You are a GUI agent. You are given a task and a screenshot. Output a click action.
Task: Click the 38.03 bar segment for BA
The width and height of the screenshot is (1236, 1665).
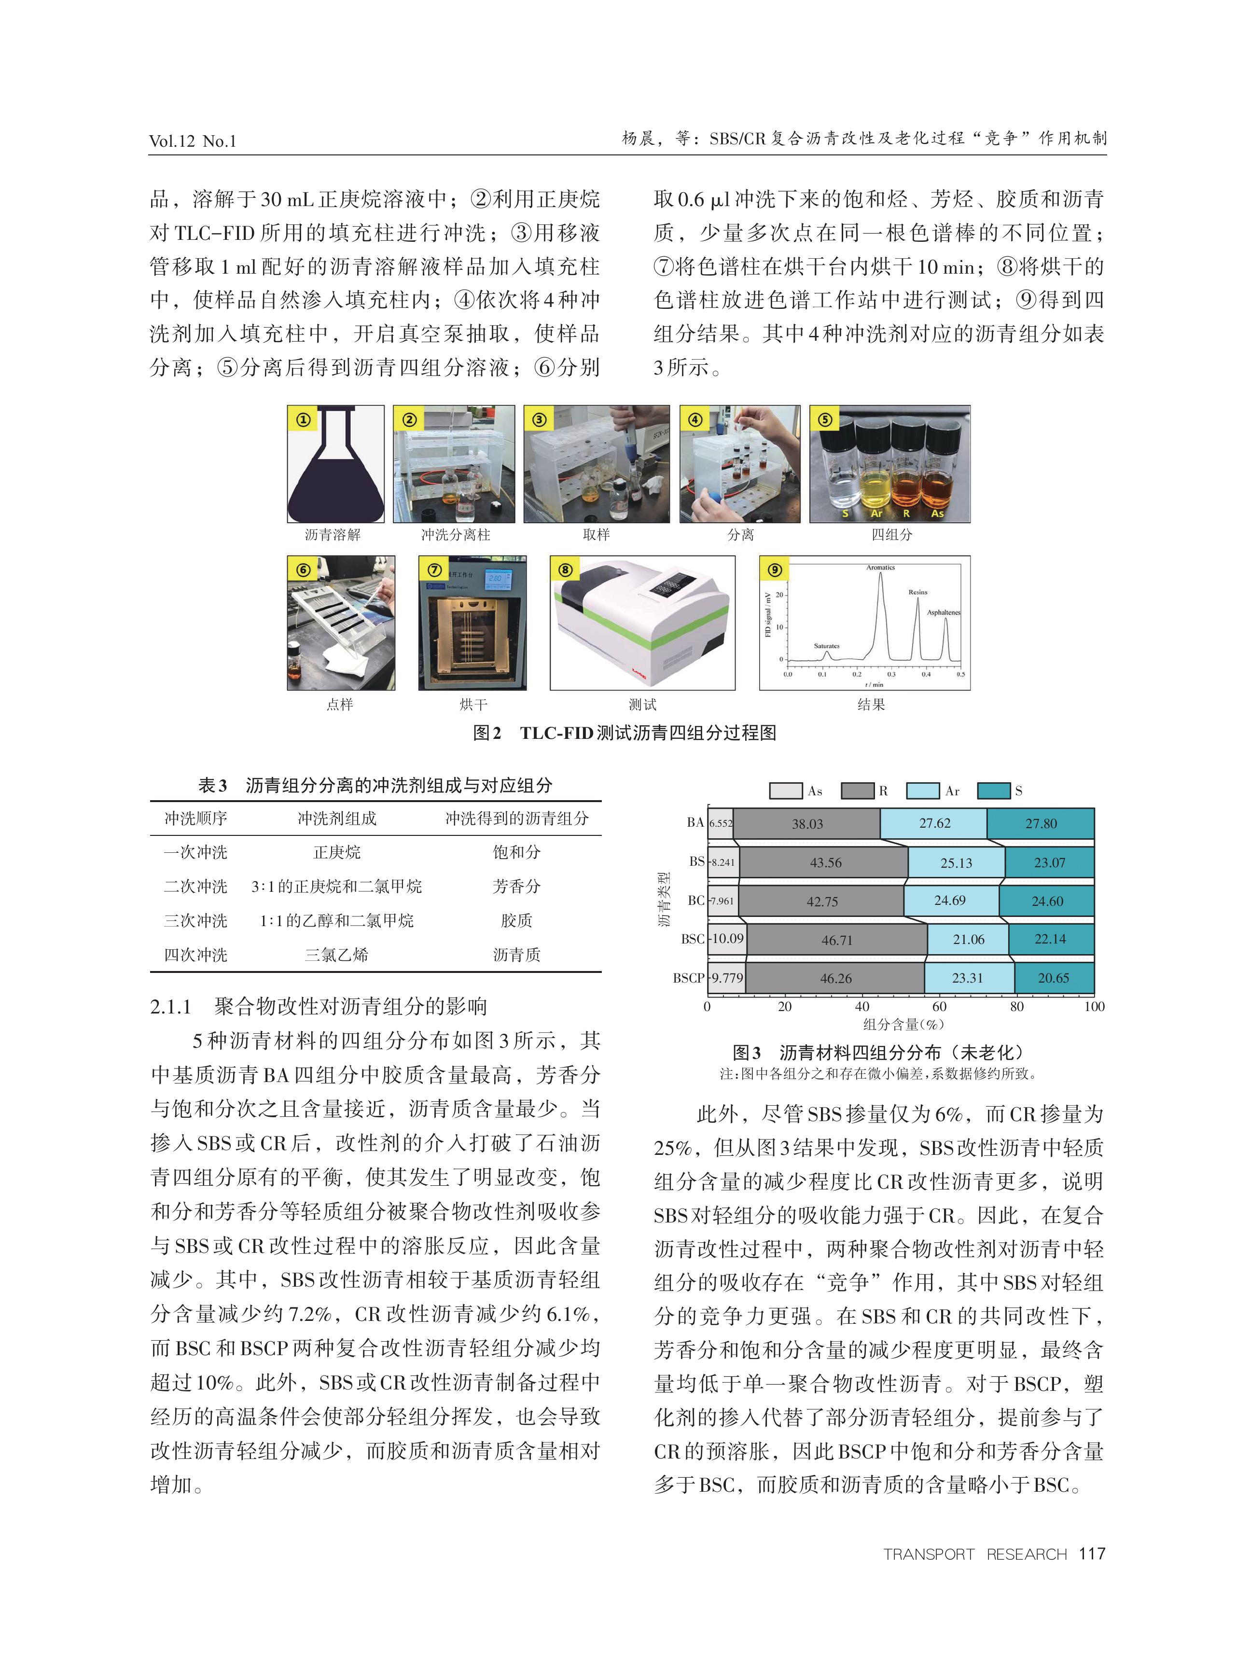pos(806,823)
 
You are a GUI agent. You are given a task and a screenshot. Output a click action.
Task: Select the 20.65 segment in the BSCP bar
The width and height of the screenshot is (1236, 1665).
pos(1054,978)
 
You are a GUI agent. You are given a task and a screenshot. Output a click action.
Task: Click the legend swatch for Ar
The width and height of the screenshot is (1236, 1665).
pos(922,791)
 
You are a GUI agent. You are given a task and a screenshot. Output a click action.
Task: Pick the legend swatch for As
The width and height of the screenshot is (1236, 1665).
pos(786,791)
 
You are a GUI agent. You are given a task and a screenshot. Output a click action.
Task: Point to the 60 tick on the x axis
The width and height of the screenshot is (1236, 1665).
pos(939,1007)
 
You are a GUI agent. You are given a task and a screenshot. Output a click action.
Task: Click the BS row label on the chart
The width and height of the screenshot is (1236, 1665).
pos(696,861)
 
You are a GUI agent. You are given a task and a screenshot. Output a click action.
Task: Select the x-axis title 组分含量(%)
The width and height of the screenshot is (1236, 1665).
pos(903,1025)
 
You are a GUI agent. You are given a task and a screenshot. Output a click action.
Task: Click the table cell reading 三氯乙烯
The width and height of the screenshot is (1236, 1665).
pos(337,955)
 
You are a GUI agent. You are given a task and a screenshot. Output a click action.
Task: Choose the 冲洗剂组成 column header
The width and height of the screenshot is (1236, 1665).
pos(337,819)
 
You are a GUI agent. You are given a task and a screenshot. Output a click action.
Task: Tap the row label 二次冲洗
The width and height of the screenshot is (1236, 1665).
pos(195,887)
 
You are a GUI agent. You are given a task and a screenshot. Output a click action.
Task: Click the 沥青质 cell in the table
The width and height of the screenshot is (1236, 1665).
pos(516,955)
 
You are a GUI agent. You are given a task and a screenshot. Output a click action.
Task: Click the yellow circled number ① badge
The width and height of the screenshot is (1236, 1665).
pos(303,419)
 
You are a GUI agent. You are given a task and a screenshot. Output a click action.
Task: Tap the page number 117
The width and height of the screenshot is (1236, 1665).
pos(1092,1554)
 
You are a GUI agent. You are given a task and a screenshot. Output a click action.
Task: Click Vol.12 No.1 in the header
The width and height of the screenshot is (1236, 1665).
pos(192,140)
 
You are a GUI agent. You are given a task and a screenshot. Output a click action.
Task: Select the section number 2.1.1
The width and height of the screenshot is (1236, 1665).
pos(171,1007)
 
